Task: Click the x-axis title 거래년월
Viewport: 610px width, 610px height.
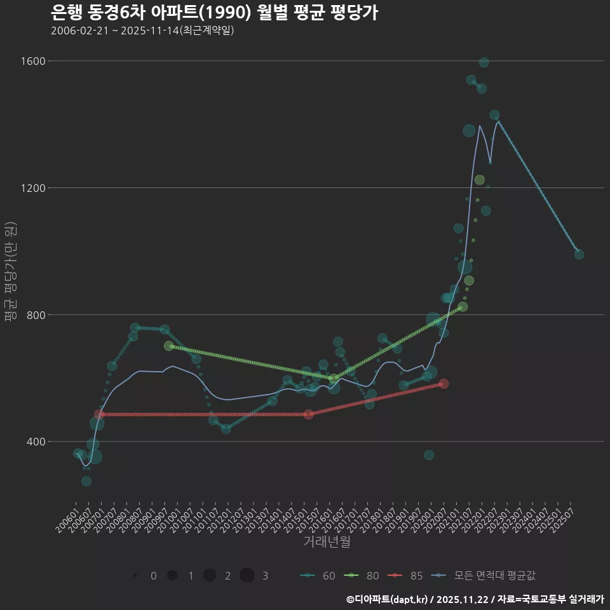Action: (x=327, y=541)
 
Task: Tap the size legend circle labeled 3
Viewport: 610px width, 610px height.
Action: (x=247, y=576)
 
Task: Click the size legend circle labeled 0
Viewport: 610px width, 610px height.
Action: (x=135, y=576)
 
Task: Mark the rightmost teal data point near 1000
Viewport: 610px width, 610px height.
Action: (x=579, y=254)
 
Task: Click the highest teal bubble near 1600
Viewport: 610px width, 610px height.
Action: (x=484, y=62)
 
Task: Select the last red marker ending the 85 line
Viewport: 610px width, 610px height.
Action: (x=444, y=384)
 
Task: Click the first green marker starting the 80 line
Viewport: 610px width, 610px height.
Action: (x=168, y=346)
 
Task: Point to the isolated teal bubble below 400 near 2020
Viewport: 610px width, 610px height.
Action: (x=429, y=455)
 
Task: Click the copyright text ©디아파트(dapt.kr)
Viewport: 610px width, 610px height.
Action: (x=388, y=599)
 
